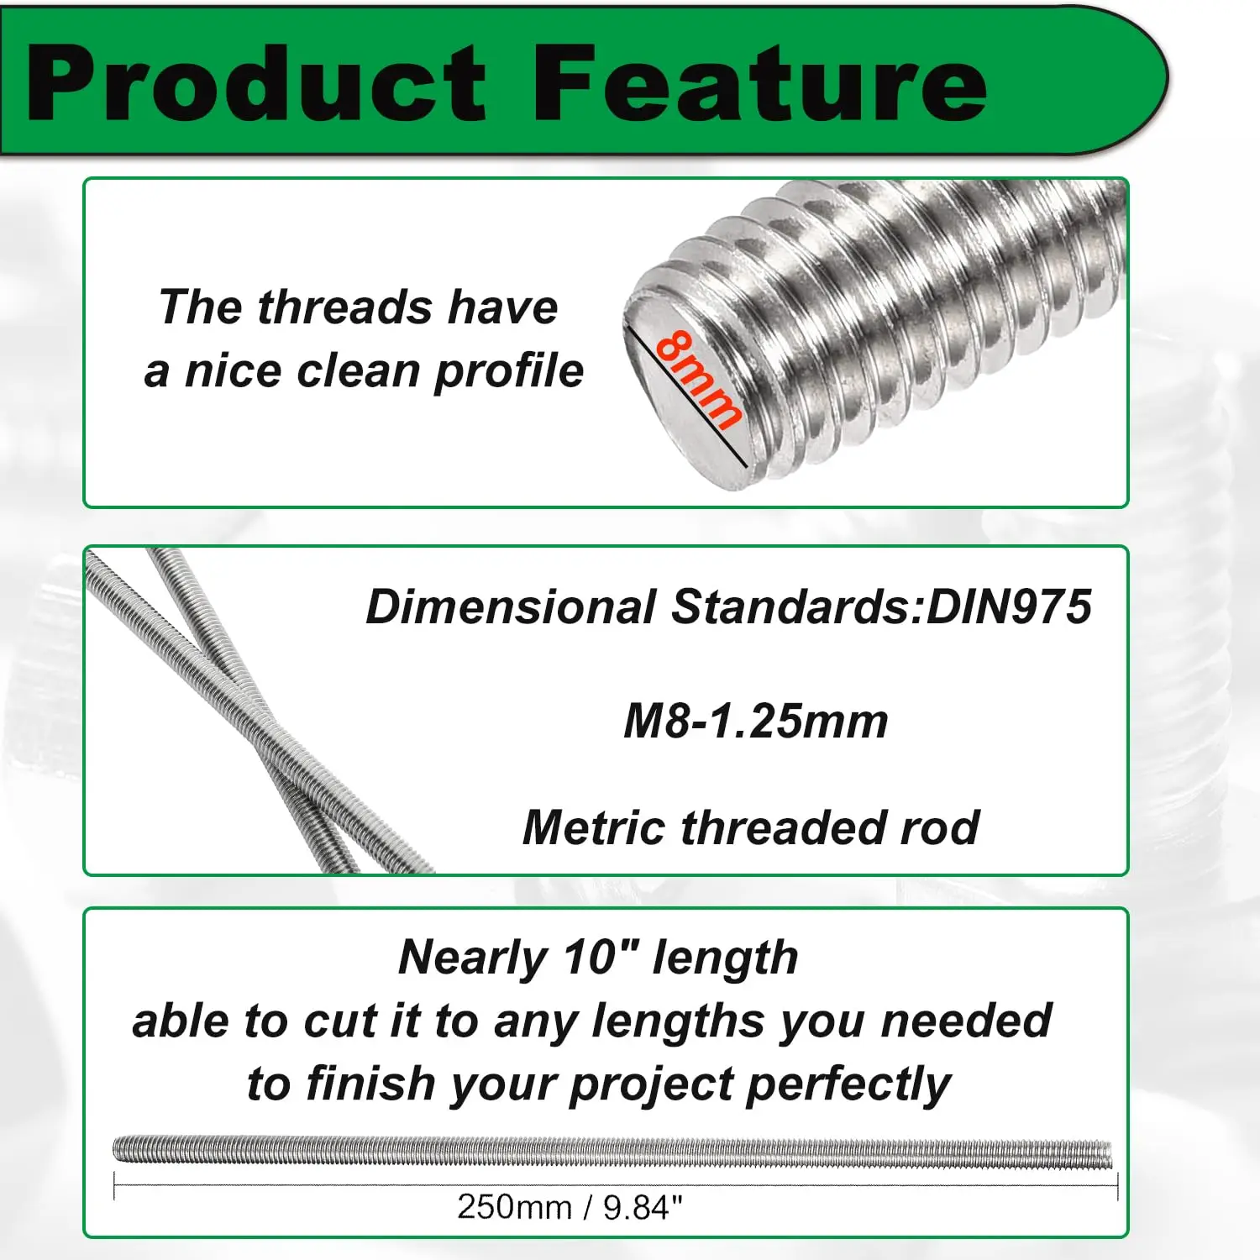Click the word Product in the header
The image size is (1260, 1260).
click(x=256, y=84)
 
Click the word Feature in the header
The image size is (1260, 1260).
click(x=760, y=84)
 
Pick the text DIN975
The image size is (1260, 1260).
click(x=1008, y=606)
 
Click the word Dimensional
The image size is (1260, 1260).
click(x=511, y=606)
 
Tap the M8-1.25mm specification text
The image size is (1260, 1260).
click(x=755, y=721)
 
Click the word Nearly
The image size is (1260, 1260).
click(x=473, y=958)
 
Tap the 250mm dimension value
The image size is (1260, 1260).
click(x=514, y=1207)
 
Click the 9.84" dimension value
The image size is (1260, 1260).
click(x=642, y=1207)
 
